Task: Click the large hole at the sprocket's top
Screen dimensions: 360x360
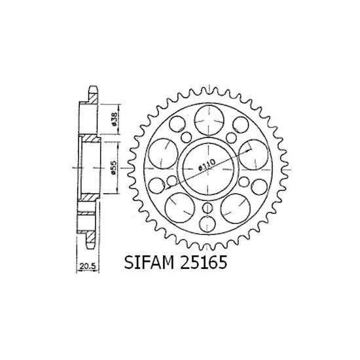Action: (206, 118)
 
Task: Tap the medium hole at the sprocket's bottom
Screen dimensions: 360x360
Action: (206, 224)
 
